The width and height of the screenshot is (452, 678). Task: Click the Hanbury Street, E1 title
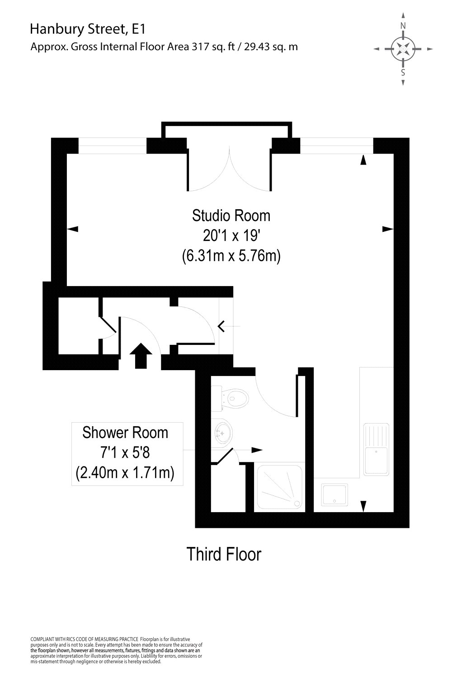(x=87, y=29)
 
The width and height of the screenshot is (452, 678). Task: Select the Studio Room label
(x=231, y=215)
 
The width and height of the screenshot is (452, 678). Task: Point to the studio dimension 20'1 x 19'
(x=231, y=235)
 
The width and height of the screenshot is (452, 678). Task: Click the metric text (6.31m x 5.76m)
(x=231, y=256)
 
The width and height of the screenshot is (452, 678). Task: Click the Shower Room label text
(x=125, y=433)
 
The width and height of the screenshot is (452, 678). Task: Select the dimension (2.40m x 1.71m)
(x=125, y=473)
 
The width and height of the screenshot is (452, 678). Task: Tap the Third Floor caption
(x=224, y=554)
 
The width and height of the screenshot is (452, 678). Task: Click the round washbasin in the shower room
(x=224, y=433)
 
